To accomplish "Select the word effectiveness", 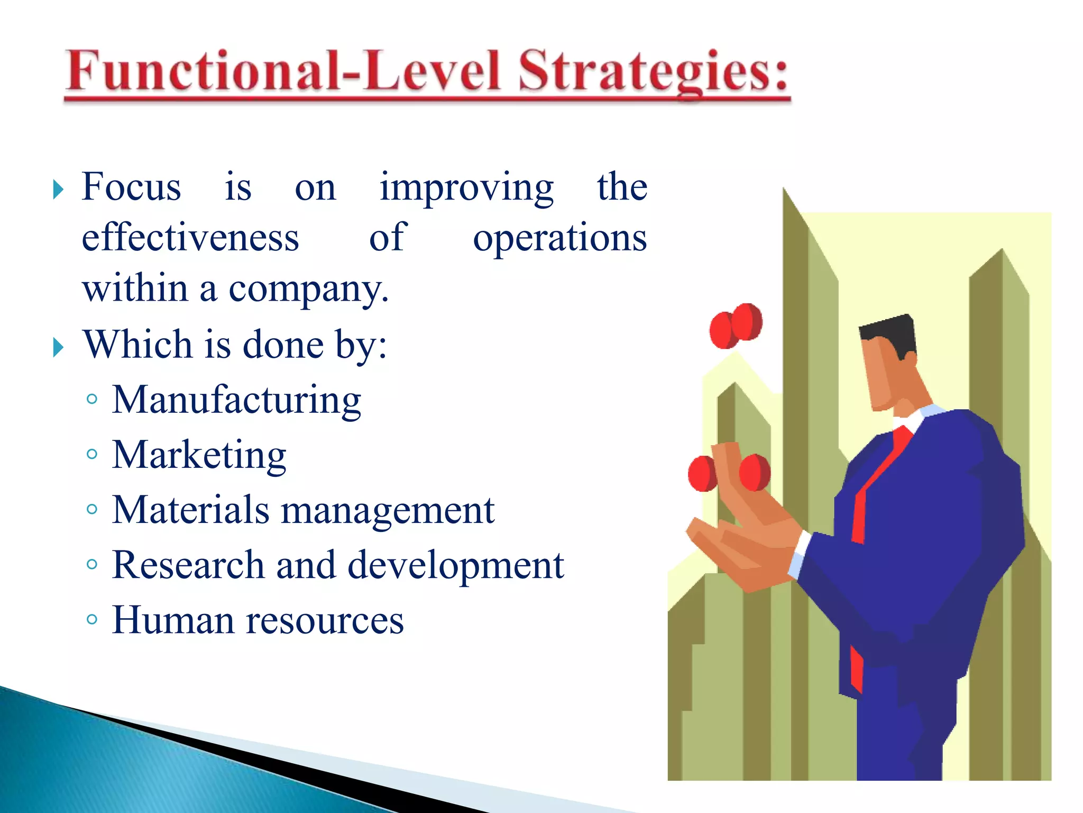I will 190,238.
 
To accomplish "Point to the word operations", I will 559,239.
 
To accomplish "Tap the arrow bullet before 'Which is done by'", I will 58,348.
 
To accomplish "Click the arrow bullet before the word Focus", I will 58,189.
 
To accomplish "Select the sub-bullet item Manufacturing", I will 236,400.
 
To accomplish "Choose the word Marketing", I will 199,455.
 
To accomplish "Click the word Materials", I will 190,510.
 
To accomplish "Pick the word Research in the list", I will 188,565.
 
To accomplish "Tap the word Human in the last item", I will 172,620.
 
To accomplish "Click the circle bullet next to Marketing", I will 92,454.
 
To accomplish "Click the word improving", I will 466,188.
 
